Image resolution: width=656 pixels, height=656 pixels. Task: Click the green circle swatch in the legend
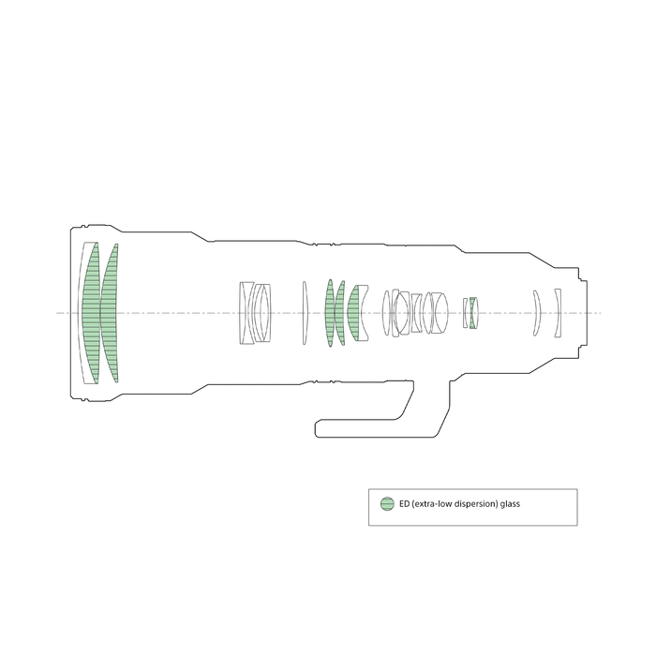click(387, 504)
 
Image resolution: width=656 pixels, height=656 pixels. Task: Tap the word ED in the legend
click(404, 504)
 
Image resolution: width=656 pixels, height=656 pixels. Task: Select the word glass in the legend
click(510, 504)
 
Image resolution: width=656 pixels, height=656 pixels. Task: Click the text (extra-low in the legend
click(432, 504)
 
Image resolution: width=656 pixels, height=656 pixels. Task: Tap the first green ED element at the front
click(91, 313)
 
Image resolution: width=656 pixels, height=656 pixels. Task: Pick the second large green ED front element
click(110, 313)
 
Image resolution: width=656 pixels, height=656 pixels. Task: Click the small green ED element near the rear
click(473, 313)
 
